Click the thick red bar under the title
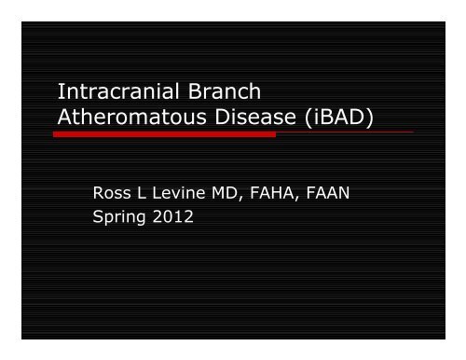(x=164, y=134)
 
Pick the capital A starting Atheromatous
(x=65, y=118)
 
